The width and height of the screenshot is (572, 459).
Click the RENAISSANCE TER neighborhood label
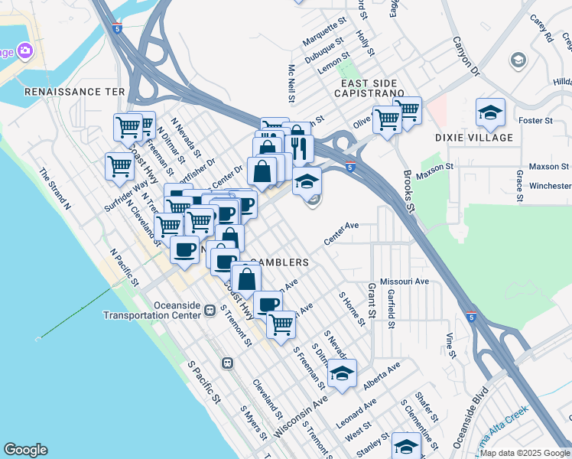pos(74,91)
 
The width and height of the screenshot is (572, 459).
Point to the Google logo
pos(25,450)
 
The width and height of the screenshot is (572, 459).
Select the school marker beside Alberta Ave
pos(342,374)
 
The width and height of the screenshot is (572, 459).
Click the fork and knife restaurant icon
pos(299,146)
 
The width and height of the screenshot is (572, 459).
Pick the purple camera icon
pos(24,50)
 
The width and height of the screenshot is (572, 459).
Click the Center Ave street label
pos(341,233)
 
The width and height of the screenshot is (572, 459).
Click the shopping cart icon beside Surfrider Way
pos(120,164)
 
